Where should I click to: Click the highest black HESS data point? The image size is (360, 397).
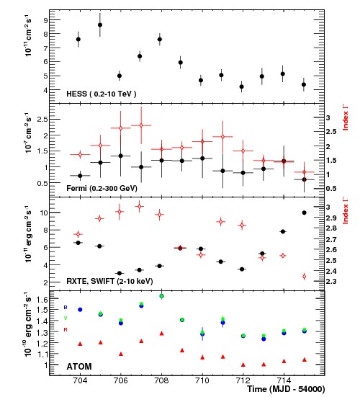coord(99,25)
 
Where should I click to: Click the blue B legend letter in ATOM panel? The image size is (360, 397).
coord(65,307)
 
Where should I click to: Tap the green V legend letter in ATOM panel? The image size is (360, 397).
coord(65,318)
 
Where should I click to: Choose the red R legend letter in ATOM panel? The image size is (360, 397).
coord(65,329)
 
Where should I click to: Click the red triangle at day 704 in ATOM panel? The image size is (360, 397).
coord(79,344)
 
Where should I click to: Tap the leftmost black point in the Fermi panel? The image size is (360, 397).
coord(79,175)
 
